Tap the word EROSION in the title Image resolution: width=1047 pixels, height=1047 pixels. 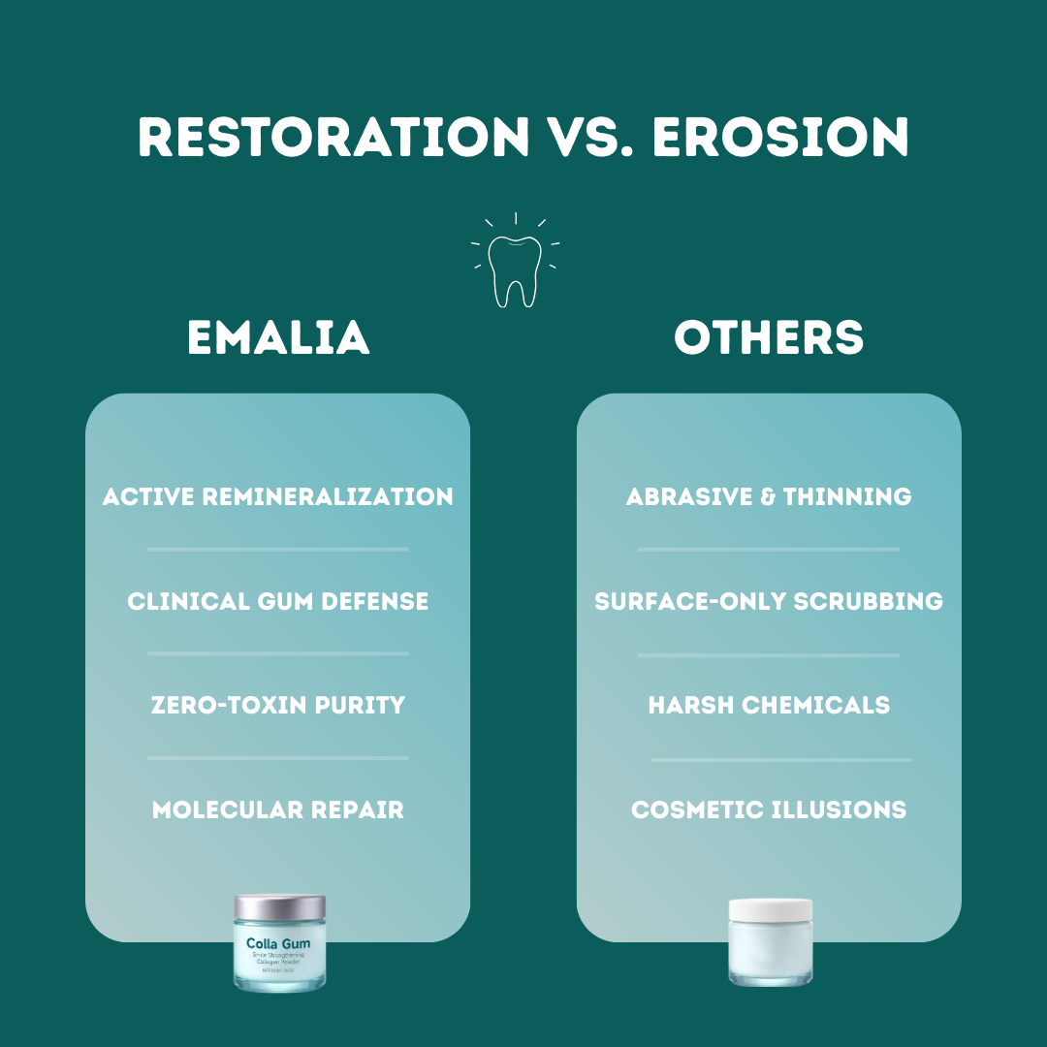click(780, 138)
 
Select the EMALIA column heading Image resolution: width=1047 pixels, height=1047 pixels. click(278, 338)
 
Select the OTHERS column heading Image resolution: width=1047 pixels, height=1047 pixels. click(769, 338)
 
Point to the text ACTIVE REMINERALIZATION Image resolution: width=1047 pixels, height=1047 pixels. click(278, 497)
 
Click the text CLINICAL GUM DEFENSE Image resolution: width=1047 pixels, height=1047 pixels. click(278, 601)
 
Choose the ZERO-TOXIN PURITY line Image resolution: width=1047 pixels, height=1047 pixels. click(278, 705)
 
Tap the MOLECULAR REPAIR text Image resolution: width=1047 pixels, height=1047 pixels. click(278, 809)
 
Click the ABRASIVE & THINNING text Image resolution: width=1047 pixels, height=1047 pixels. click(769, 497)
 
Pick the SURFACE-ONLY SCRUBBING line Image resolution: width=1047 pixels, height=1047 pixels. click(769, 601)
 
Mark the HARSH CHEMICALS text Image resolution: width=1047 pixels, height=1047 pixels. click(769, 705)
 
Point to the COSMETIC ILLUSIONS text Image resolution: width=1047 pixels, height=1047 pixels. click(769, 809)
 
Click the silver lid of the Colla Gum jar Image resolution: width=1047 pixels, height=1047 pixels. click(279, 908)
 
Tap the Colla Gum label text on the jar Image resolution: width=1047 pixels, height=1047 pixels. click(279, 943)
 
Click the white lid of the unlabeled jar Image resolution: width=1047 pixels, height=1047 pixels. click(771, 910)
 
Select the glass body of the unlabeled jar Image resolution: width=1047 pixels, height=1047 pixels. click(771, 955)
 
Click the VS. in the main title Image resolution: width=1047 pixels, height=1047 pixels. click(590, 138)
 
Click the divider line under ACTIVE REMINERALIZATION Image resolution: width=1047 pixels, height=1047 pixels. click(278, 549)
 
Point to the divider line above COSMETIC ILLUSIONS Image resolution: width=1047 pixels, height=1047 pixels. click(780, 760)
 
